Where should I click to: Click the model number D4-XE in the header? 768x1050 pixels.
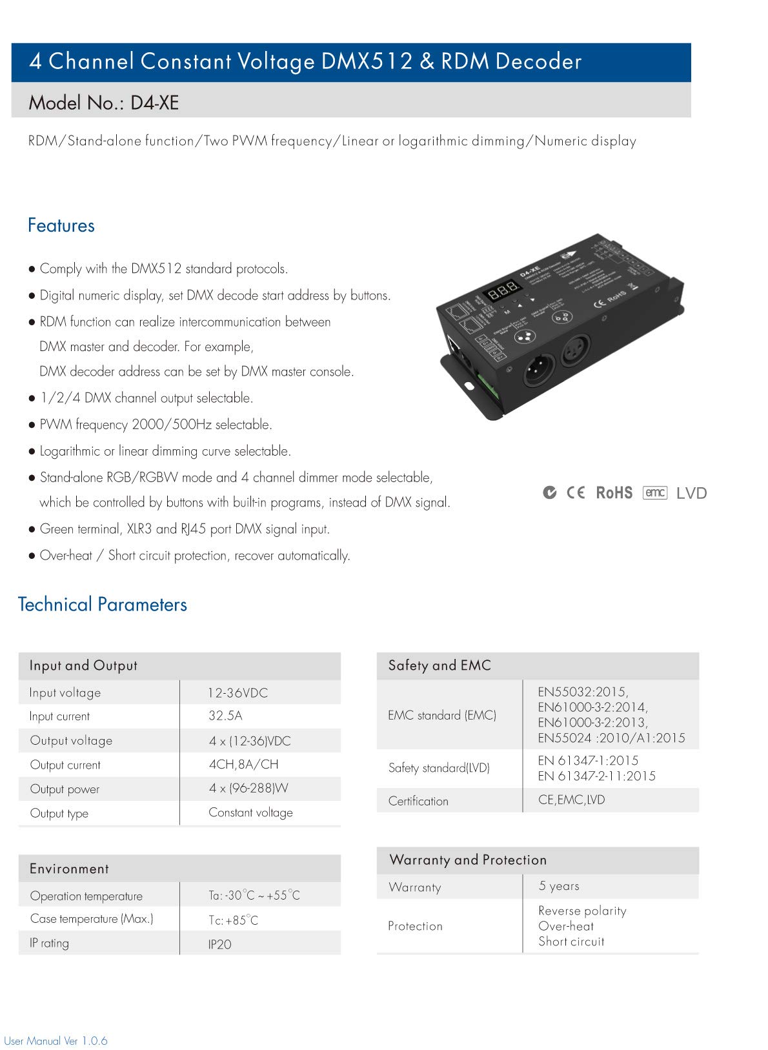pos(154,103)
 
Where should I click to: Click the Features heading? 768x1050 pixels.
pos(61,226)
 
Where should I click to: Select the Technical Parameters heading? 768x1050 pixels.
pos(103,605)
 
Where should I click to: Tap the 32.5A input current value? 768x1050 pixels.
pos(225,716)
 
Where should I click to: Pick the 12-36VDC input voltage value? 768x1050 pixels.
pos(237,693)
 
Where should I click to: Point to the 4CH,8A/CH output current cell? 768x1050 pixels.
pos(243,765)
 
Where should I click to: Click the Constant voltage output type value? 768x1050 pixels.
pos(250,813)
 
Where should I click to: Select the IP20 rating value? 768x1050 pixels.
pos(219,944)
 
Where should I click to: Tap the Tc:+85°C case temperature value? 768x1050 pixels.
pos(233,920)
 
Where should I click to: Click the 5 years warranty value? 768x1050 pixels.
pos(559,886)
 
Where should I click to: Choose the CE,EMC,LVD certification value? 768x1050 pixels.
pos(571,800)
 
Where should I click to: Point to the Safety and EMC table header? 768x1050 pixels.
pos(440,665)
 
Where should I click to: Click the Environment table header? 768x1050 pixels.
pos(69,869)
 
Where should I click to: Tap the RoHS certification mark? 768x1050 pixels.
pos(614,493)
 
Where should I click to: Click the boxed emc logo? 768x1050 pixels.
pos(654,493)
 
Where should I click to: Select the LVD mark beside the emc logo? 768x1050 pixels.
pos(691,494)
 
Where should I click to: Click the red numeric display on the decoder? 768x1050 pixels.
pos(503,291)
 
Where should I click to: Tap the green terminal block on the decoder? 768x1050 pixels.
pos(485,385)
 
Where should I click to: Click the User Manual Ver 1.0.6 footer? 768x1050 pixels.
pos(56,1041)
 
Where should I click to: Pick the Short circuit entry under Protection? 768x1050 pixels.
pos(571,942)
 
